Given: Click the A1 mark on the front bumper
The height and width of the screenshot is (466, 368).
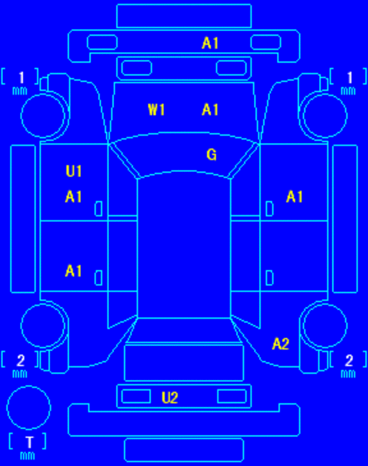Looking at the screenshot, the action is (x=210, y=43).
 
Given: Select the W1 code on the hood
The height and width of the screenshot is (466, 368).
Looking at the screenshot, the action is (x=157, y=110).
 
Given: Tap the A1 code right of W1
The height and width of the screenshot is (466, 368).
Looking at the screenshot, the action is (x=210, y=110).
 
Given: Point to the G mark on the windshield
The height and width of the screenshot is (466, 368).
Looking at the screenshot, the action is (x=211, y=155).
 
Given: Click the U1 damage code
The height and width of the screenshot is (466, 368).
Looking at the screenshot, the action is (x=74, y=171).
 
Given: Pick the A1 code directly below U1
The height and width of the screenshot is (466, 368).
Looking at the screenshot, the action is (x=74, y=197).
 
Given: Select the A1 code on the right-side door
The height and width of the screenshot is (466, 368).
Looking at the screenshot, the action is (x=294, y=197).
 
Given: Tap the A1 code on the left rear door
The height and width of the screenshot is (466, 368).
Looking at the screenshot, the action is (x=74, y=271).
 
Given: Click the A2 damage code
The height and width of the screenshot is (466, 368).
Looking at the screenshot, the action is (x=281, y=344).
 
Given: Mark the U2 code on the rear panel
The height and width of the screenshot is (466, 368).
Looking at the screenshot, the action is (x=170, y=397).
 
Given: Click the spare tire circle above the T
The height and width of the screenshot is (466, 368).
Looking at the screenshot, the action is (x=29, y=386).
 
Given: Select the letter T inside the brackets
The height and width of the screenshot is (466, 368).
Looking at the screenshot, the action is (x=30, y=442).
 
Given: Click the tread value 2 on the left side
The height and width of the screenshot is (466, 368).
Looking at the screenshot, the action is (x=20, y=361).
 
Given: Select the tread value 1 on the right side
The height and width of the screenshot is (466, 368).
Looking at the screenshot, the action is (x=349, y=78).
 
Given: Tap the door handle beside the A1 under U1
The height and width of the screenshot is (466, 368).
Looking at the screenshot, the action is (x=99, y=209).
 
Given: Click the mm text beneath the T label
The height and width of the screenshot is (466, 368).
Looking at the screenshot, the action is (x=27, y=456).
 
